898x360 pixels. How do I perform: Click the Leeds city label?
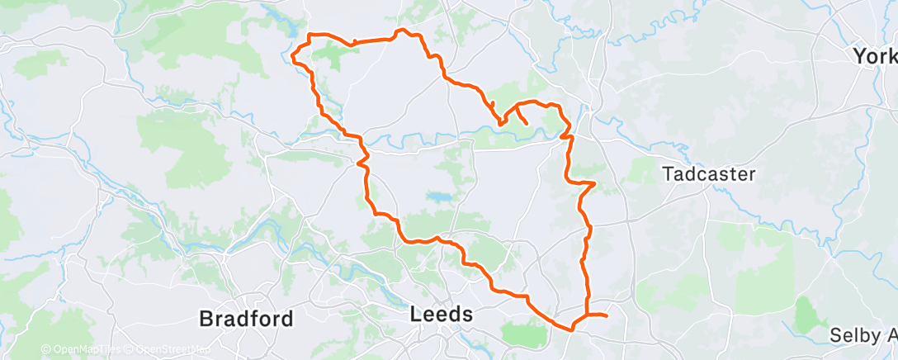click(x=442, y=315)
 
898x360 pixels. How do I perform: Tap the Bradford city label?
click(x=246, y=318)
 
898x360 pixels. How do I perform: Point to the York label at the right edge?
click(x=875, y=56)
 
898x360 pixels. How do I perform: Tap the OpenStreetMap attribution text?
click(x=173, y=350)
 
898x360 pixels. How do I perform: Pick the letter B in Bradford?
click(x=206, y=318)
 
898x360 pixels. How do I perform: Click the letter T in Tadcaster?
click(x=669, y=175)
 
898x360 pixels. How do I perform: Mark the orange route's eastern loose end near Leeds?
click(x=607, y=315)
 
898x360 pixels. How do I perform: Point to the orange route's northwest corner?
click(x=310, y=35)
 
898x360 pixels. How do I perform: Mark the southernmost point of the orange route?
click(x=570, y=330)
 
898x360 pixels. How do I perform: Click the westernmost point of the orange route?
click(x=293, y=58)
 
